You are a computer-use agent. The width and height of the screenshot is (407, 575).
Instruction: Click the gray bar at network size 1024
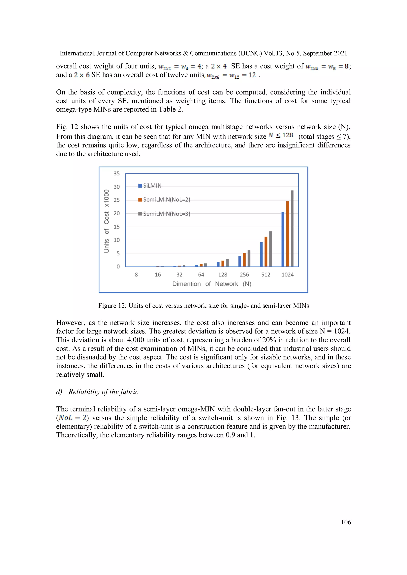tap(292, 228)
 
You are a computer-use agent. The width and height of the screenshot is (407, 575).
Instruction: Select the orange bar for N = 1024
tap(288, 234)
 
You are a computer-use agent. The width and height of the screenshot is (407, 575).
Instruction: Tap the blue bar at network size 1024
tap(283, 239)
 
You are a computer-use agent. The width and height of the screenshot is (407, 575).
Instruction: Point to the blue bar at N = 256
tap(240, 261)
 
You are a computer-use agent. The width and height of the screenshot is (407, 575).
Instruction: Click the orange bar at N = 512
tap(266, 251)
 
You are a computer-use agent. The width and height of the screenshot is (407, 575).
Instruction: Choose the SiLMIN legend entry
tap(150, 186)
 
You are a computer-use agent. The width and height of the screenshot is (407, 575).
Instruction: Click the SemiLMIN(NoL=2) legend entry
tap(164, 200)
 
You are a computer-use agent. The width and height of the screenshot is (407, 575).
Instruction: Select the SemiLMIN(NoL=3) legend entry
tap(164, 214)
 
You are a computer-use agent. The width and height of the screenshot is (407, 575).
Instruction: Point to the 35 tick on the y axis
tap(117, 173)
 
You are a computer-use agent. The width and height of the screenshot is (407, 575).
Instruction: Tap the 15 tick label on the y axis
tap(117, 227)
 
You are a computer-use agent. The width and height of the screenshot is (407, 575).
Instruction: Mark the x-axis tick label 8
tap(136, 275)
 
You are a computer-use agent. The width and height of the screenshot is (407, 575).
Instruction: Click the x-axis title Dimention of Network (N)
tap(212, 284)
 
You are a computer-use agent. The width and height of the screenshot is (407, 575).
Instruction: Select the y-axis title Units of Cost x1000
tap(107, 221)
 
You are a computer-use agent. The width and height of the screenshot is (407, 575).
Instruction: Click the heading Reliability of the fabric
tap(103, 392)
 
